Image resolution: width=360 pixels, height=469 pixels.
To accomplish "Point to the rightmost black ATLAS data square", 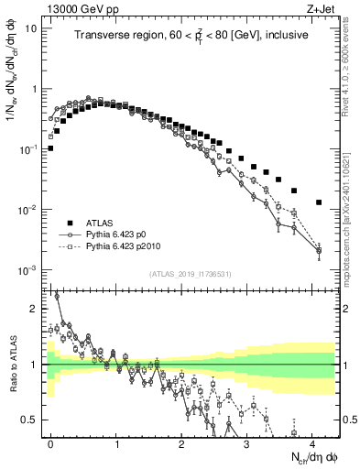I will click(319, 202).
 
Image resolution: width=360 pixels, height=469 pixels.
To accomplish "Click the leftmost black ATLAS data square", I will click(50, 147).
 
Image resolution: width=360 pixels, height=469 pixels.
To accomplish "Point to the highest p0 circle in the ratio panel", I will click(57, 296).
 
